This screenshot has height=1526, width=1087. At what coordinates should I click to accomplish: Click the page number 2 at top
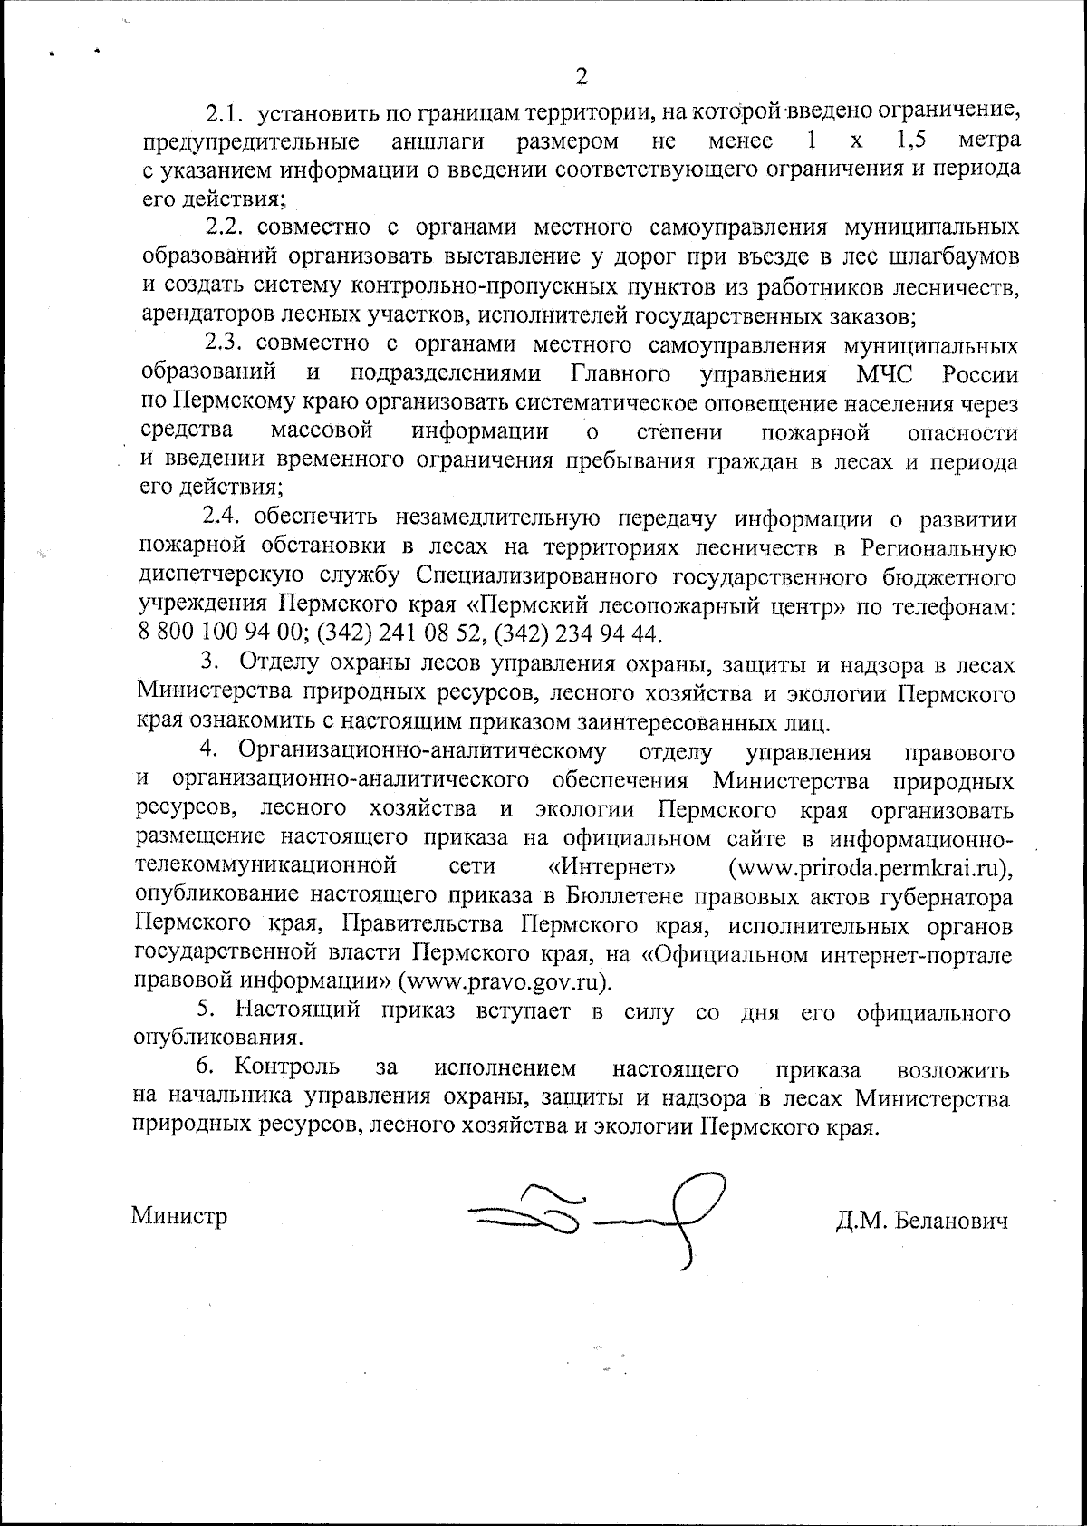pyautogui.click(x=582, y=76)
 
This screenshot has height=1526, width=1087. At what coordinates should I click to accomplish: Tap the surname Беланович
pyautogui.click(x=950, y=1222)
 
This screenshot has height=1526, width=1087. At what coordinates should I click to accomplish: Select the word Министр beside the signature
pyautogui.click(x=179, y=1215)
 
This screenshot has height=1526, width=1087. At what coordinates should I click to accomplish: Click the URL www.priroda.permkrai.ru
pyautogui.click(x=869, y=867)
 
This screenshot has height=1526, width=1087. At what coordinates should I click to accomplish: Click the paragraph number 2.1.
pyautogui.click(x=224, y=113)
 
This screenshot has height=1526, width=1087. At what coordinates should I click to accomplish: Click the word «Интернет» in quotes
pyautogui.click(x=612, y=867)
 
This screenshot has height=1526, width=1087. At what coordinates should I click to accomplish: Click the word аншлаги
pyautogui.click(x=438, y=141)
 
